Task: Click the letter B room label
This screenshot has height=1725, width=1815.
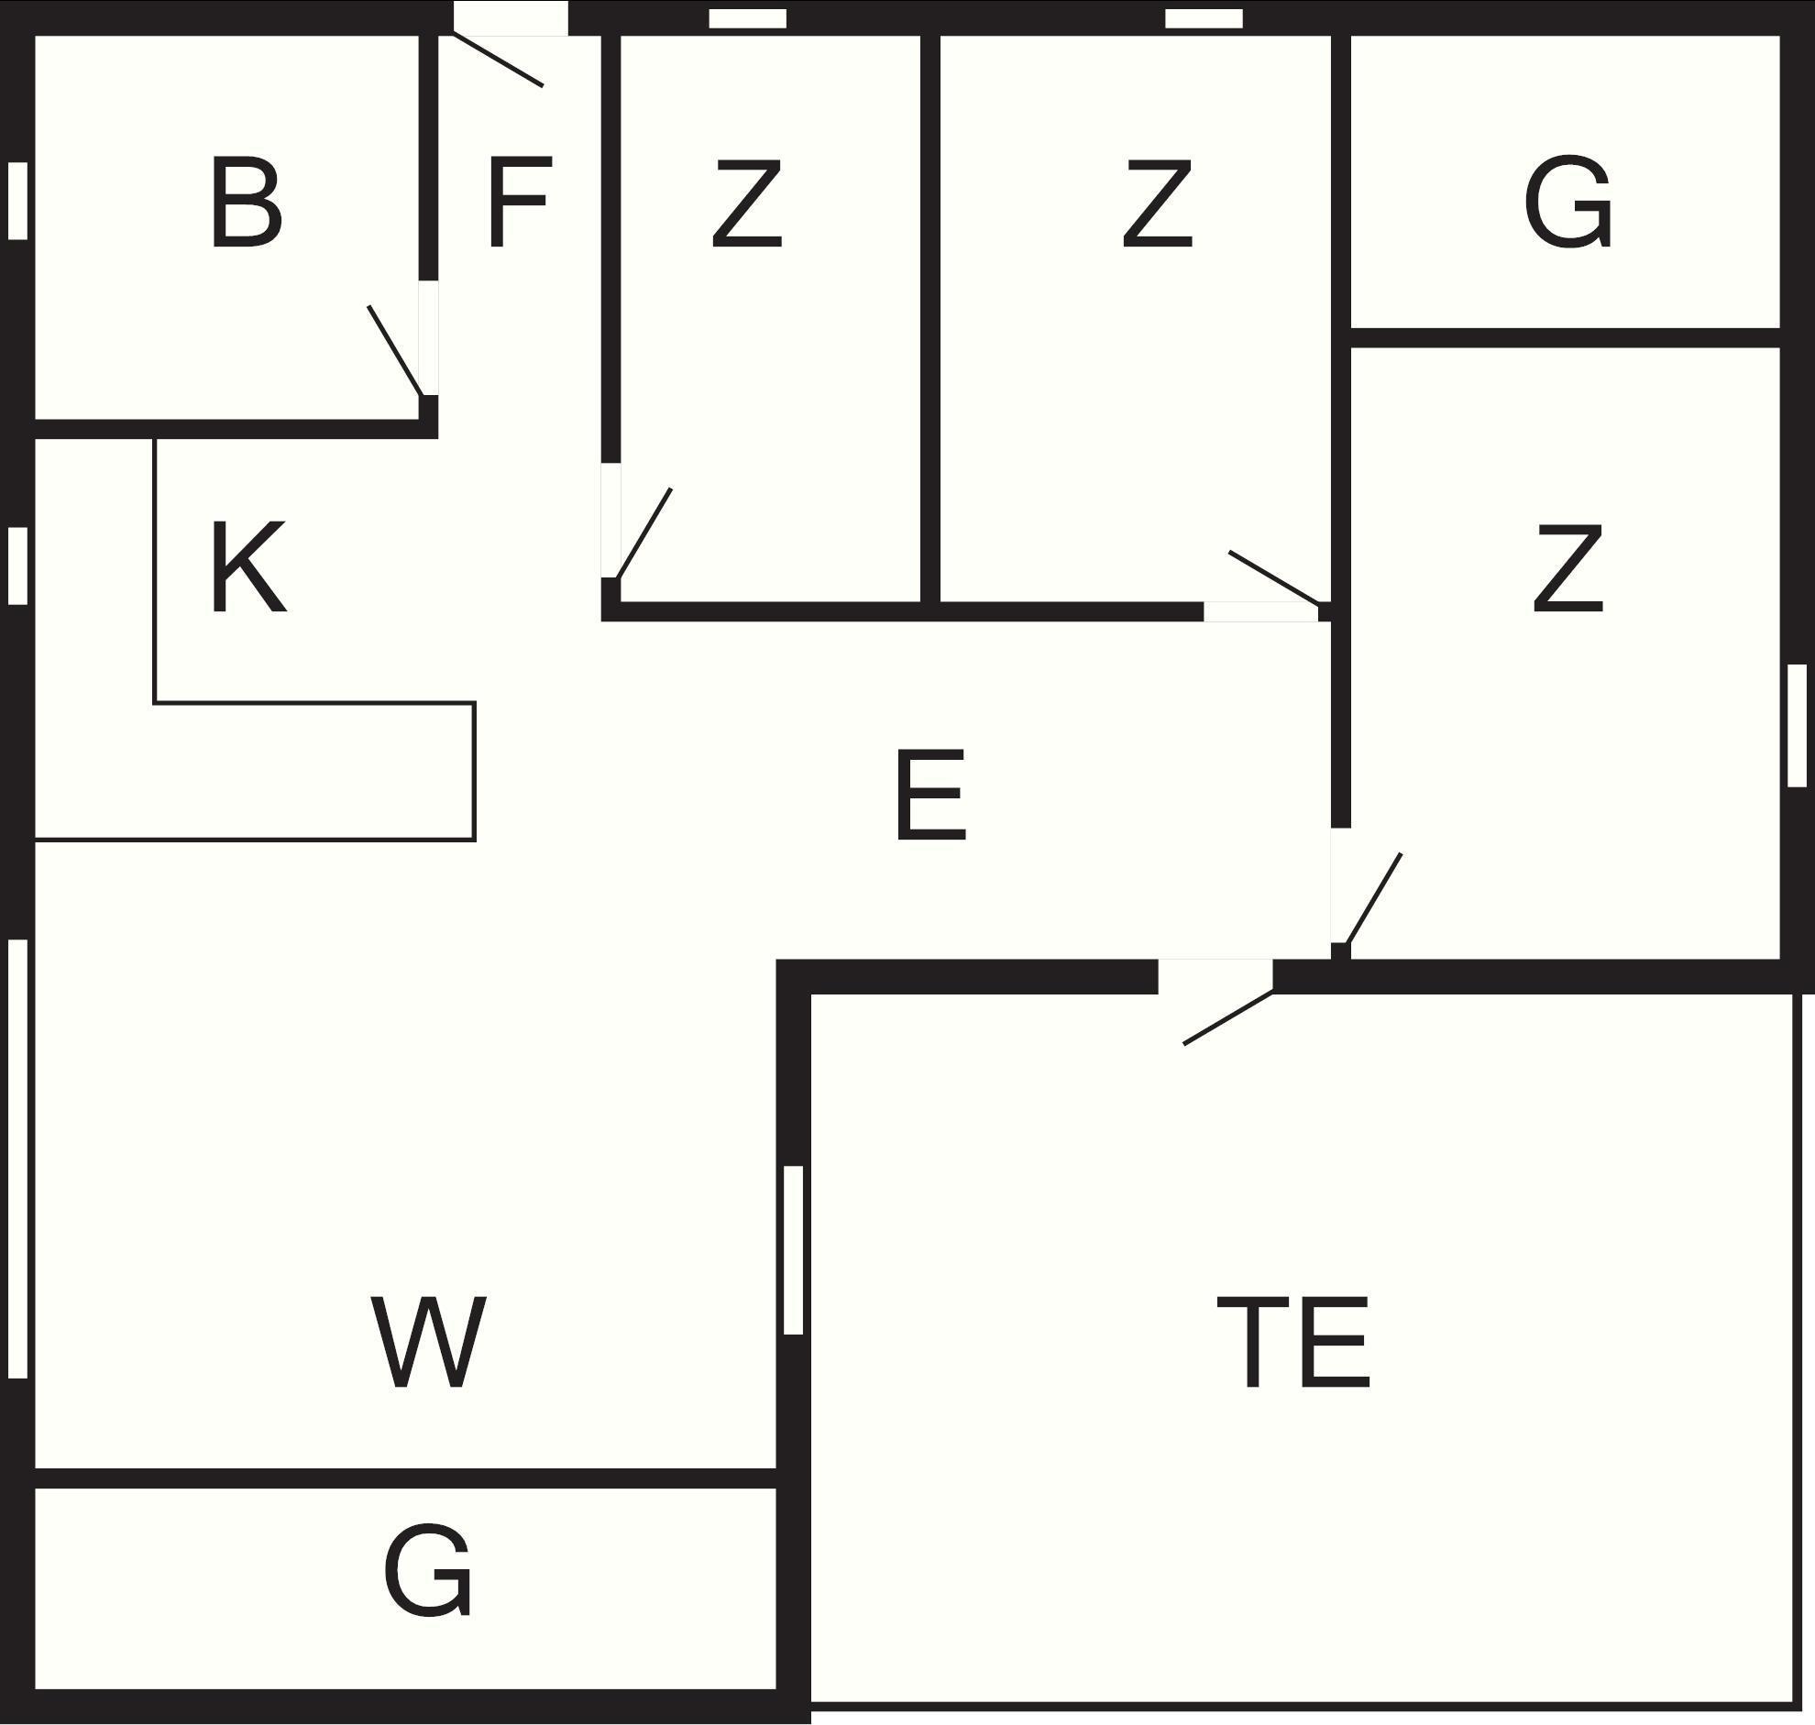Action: (246, 203)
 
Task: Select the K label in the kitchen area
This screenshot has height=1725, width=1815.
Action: (247, 566)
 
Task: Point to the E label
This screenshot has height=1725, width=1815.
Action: (930, 795)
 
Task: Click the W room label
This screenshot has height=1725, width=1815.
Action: (428, 1344)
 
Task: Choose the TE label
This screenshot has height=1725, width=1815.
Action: (1293, 1344)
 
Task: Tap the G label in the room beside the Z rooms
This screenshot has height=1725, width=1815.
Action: (1567, 203)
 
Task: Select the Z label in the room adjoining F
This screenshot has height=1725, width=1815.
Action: (746, 203)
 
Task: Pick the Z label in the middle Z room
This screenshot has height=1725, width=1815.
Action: (1157, 203)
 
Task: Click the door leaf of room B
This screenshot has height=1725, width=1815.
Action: (395, 350)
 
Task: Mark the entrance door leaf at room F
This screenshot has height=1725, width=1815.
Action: (499, 60)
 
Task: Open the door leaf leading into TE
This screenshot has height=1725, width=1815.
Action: (1228, 1017)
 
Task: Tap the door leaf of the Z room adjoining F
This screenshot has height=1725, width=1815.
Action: (644, 533)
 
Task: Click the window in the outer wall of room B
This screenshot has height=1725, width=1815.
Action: (17, 201)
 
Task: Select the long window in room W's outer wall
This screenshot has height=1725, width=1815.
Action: (17, 1159)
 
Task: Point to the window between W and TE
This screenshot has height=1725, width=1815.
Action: (794, 1249)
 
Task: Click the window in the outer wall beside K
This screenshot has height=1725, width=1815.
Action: (17, 566)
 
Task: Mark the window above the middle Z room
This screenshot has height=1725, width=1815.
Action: (1204, 18)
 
